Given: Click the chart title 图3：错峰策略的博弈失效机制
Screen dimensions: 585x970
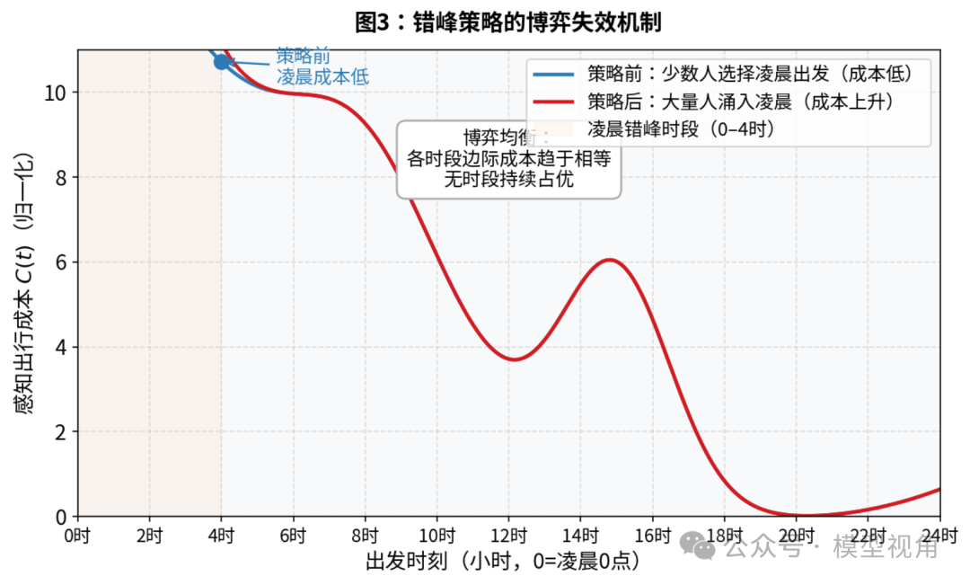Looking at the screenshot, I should pos(508,22).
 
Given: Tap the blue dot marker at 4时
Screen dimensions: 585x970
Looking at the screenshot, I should pos(222,62).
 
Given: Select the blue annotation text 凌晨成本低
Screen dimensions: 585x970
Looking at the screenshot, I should pos(322,77).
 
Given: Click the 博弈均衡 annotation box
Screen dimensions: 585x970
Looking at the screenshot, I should pos(508,159).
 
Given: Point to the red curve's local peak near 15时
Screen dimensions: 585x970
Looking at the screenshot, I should pos(610,260).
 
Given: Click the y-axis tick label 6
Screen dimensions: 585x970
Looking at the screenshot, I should pos(61,262).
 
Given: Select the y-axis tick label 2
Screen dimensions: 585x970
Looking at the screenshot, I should pos(61,432).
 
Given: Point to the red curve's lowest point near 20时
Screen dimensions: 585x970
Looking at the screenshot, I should pos(805,515).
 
